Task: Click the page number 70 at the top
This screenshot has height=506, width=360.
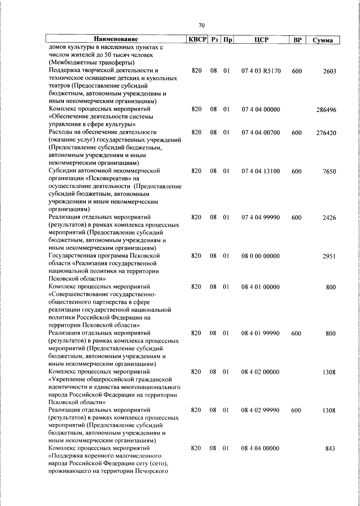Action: click(x=202, y=26)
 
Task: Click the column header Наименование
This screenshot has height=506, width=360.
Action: click(x=116, y=40)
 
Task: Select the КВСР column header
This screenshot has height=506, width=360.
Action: click(x=197, y=40)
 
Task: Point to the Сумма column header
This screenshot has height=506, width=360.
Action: click(x=322, y=40)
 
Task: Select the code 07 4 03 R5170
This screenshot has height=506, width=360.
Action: click(x=261, y=71)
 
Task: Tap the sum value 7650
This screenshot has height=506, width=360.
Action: click(x=329, y=172)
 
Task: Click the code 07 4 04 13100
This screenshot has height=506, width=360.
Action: click(x=261, y=171)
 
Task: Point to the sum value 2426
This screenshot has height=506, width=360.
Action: click(x=329, y=218)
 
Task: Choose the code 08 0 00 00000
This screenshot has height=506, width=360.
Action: click(x=260, y=256)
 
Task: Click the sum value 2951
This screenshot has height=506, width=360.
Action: click(x=329, y=257)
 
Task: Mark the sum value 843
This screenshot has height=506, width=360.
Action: click(x=330, y=457)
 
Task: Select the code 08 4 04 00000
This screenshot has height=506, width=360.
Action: click(x=260, y=457)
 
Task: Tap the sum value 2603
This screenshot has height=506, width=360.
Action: click(x=329, y=71)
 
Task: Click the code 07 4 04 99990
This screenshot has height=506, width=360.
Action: click(x=261, y=218)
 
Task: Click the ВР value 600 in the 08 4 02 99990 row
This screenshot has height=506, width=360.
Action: click(x=296, y=411)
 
